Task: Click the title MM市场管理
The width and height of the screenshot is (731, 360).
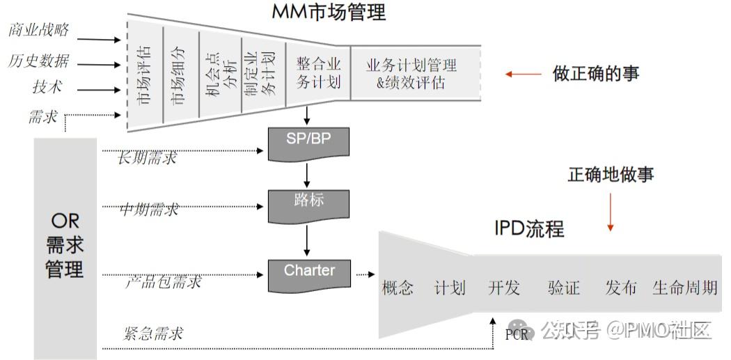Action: [x=329, y=11]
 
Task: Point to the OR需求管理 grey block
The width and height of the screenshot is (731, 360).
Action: [x=65, y=247]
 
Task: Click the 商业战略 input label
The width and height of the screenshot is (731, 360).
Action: [x=38, y=30]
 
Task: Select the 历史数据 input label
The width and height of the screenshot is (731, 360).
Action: [x=38, y=61]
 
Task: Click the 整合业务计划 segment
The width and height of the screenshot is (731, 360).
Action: [x=317, y=72]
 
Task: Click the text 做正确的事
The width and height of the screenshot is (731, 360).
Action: [x=596, y=73]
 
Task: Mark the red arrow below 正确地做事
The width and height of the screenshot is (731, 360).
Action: [x=611, y=212]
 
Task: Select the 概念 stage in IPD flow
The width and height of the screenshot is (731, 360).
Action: [x=398, y=287]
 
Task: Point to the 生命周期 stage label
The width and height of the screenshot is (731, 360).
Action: [x=684, y=287]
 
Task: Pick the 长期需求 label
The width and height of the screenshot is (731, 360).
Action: [x=147, y=157]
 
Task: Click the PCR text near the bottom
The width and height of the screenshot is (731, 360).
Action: [x=517, y=334]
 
